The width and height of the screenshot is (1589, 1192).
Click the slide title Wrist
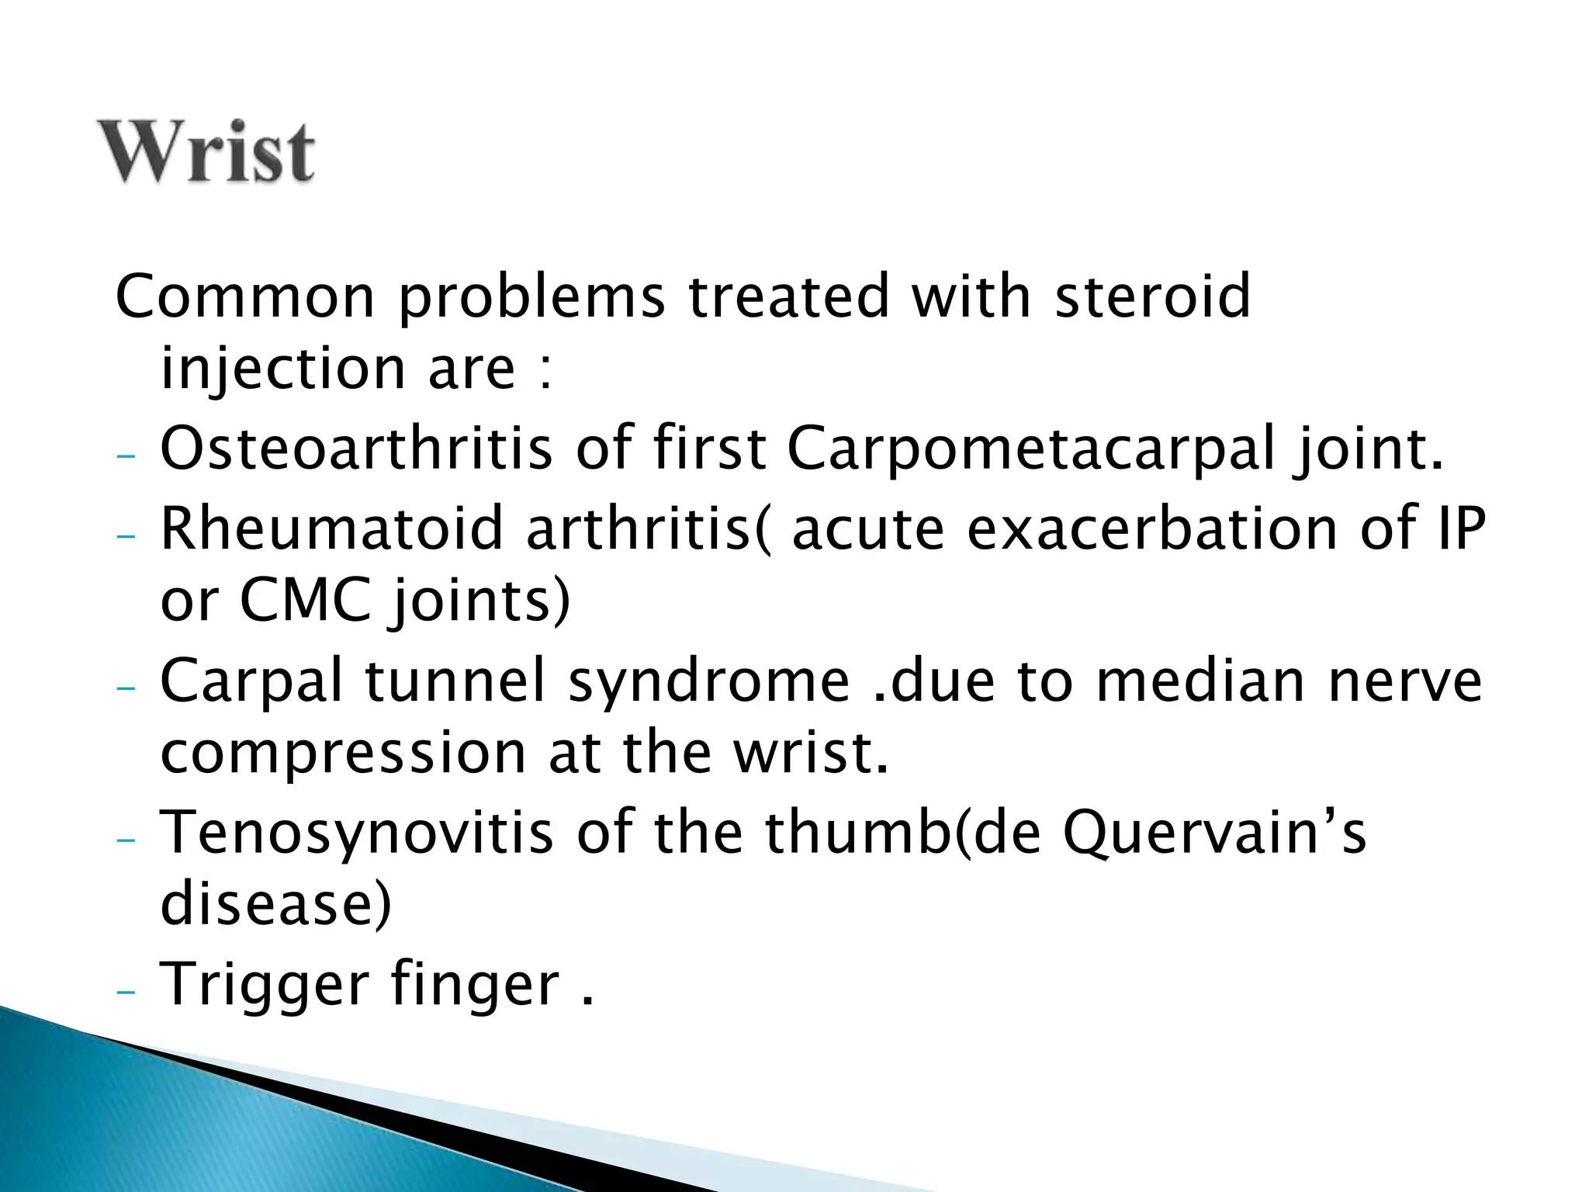click(x=206, y=152)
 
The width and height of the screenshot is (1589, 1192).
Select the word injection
click(x=283, y=369)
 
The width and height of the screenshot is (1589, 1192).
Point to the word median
click(x=1201, y=681)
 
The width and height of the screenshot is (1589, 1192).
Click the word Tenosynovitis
click(x=356, y=832)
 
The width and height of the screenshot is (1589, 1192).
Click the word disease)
click(x=276, y=905)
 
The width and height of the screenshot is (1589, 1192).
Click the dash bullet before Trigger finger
click(x=125, y=993)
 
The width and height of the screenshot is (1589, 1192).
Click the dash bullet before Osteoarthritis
click(x=125, y=456)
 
